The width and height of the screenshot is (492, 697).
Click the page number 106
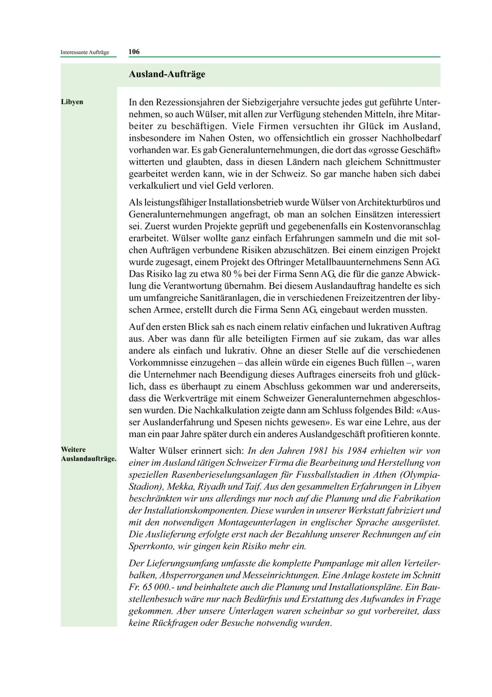pos(134,52)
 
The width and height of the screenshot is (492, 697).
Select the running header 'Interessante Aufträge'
pos(85,52)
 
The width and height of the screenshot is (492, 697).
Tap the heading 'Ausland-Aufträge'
pos(167,74)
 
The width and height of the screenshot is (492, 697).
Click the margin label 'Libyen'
pos(72,102)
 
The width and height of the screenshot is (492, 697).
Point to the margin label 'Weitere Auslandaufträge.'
pos(88,454)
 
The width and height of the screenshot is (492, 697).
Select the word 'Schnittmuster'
pos(413,162)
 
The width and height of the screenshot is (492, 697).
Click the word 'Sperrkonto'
pos(148,546)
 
